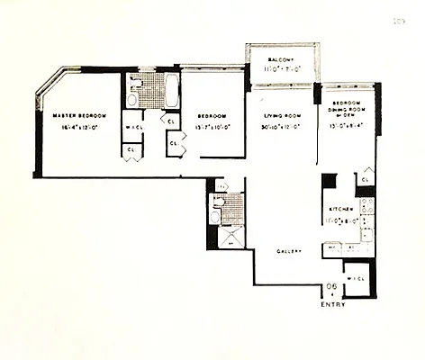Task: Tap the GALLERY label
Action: [287, 250]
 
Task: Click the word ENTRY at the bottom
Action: [333, 304]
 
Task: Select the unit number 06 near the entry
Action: [332, 287]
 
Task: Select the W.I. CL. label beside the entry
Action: [357, 276]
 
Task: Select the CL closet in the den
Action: [366, 180]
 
